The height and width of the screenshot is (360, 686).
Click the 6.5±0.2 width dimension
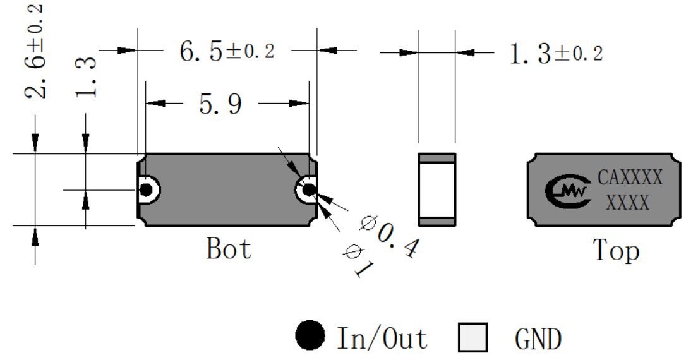pos(227,51)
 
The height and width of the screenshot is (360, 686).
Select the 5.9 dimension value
pos(220,104)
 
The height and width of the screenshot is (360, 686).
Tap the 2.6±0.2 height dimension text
pos(33,51)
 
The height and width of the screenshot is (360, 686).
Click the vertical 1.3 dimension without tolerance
pos(85,76)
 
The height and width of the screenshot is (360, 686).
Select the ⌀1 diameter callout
pos(359,261)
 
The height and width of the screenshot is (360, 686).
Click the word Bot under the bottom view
pos(229,248)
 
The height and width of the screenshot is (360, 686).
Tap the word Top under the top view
pos(616,251)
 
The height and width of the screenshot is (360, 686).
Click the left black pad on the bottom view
pos(146,190)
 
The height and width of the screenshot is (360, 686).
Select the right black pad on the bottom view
pos(309,190)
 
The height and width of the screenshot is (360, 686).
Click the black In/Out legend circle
pos(310,335)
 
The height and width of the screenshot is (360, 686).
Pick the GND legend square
pos(473,337)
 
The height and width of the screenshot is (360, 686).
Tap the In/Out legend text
pos(382,338)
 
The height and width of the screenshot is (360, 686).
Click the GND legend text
pos(538,339)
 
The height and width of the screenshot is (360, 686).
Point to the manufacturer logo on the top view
pos(567,191)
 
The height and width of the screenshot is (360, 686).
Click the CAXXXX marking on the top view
pos(630,177)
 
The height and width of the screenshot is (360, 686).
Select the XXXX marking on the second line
pos(628,203)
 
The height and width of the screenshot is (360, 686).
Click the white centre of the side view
pos(436,189)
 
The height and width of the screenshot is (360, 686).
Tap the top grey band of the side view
pos(436,158)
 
